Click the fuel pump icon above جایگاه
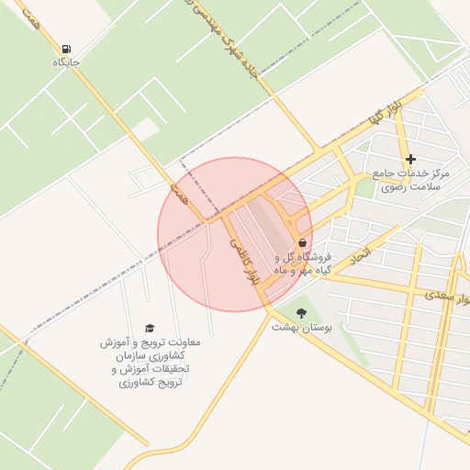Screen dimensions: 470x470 [66, 49]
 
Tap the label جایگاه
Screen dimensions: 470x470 [66, 62]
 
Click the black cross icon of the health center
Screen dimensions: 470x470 [410, 159]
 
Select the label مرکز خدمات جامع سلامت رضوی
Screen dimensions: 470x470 [410, 179]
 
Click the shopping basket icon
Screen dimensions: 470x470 [302, 243]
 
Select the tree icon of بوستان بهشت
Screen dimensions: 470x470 [303, 313]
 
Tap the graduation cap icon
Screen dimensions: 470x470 [150, 328]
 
